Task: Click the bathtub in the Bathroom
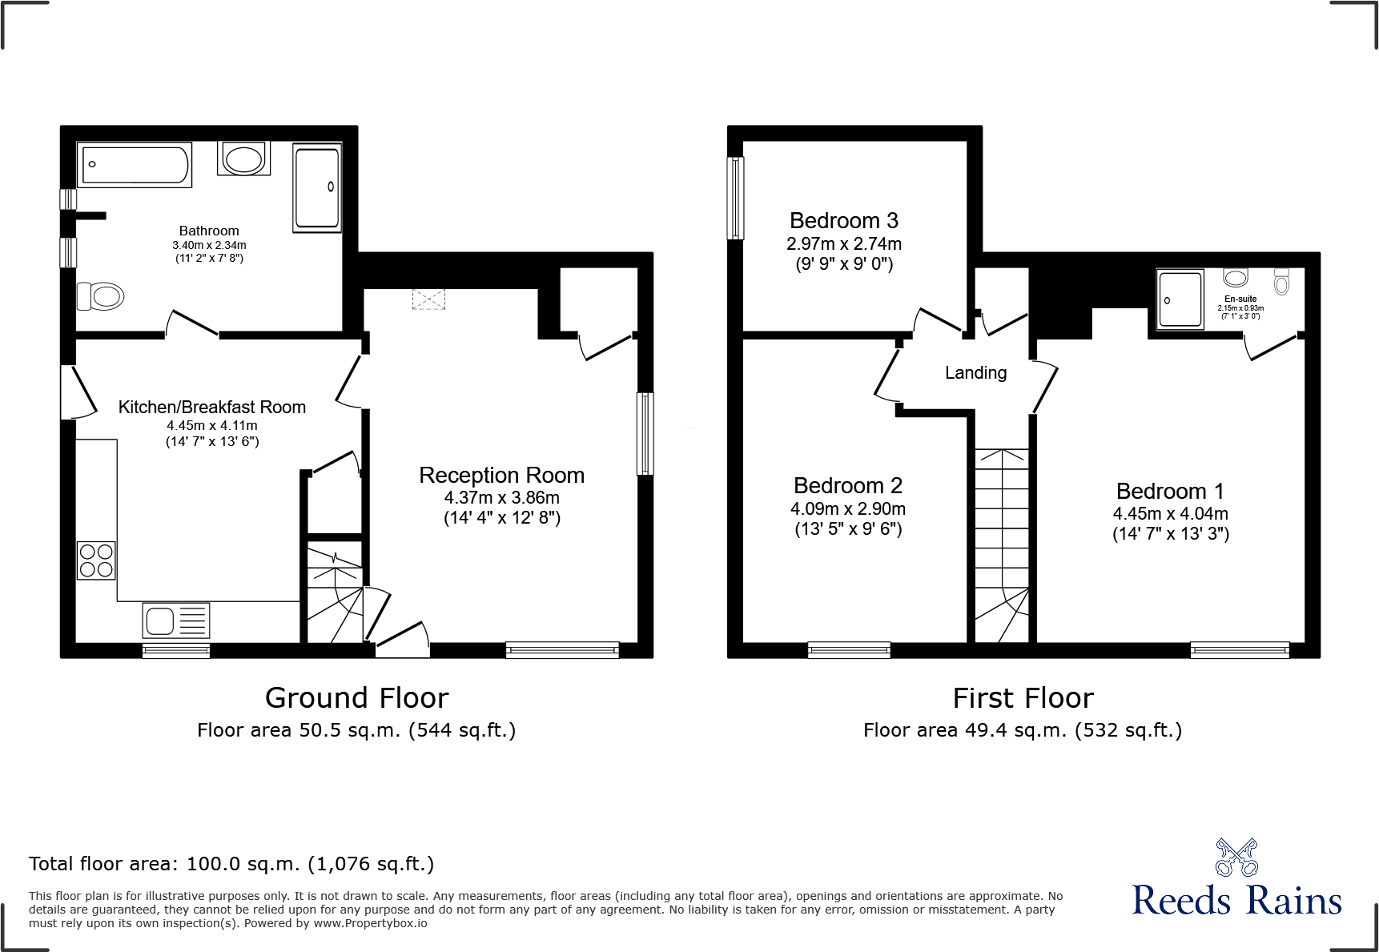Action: coord(135,164)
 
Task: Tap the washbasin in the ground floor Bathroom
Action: coord(243,159)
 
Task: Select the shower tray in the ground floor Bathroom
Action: coord(317,188)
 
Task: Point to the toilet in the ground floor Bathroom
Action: coord(102,296)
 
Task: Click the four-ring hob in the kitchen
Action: coord(96,560)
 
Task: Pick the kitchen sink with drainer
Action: coord(176,621)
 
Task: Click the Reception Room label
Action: coord(501,475)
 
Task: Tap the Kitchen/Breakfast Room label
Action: coord(212,407)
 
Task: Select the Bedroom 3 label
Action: coord(843,220)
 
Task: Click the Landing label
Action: coord(975,372)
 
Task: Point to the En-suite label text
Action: coord(1240,299)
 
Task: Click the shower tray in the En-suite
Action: coord(1180,299)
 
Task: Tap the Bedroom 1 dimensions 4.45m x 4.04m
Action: coord(1170,513)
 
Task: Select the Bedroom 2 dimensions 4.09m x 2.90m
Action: coord(847,508)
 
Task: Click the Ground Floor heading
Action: coord(356,698)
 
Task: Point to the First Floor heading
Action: coord(1023,698)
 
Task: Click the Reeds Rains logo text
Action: coord(1236,901)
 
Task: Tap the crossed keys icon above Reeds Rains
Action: coord(1236,858)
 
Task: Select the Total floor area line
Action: coord(231,864)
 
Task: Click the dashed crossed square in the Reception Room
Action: coord(428,299)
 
